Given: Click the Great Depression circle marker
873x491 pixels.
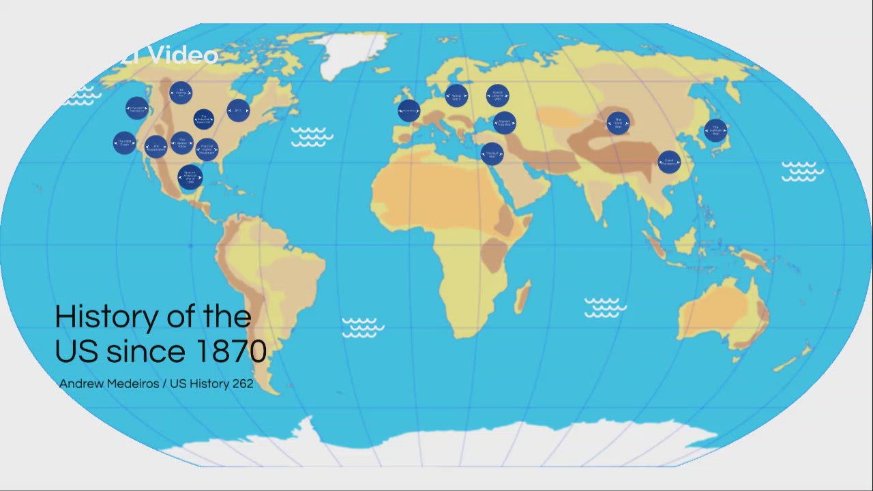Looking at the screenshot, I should (x=137, y=108).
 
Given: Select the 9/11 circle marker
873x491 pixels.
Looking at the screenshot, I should (x=238, y=110).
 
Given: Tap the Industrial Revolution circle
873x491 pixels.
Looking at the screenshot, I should (x=203, y=120).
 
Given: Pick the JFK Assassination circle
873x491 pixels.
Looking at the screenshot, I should (x=156, y=147).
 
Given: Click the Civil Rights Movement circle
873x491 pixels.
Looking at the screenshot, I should (x=207, y=149).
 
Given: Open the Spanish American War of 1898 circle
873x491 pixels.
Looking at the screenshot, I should (x=190, y=177).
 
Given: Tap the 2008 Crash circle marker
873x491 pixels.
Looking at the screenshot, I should (x=125, y=143).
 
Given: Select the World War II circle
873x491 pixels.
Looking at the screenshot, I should (x=456, y=96).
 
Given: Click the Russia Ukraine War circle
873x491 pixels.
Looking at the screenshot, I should (x=498, y=96).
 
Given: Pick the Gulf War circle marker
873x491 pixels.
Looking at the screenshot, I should (x=492, y=154).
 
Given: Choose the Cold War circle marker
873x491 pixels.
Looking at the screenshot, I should (x=618, y=123).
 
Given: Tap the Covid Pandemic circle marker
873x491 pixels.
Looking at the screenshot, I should (x=669, y=162).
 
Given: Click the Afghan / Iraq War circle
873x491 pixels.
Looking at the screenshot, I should (x=504, y=123).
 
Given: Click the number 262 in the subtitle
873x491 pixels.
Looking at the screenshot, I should (x=243, y=384).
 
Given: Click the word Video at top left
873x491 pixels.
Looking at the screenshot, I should (x=182, y=55).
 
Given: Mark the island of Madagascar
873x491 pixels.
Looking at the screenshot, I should (x=522, y=297).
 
